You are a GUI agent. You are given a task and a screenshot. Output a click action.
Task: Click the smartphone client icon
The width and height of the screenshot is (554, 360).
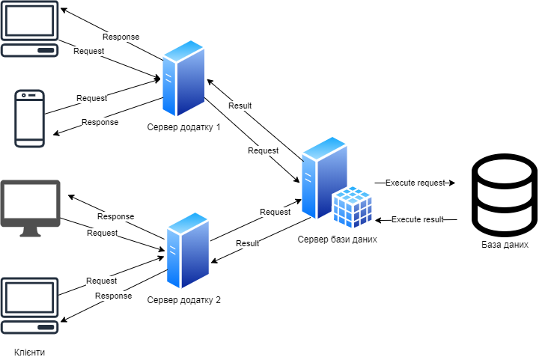click(30, 118)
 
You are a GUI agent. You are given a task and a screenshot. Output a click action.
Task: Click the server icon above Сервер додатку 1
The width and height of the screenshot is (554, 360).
click(184, 79)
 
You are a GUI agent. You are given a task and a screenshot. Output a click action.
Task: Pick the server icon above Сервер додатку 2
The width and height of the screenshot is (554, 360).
click(187, 251)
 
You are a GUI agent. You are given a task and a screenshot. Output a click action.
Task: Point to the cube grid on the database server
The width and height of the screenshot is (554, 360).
click(352, 205)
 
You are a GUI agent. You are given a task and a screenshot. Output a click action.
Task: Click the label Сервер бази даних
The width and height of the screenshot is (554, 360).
click(337, 240)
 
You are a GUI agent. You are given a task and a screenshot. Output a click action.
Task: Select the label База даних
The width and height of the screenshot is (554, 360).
click(505, 245)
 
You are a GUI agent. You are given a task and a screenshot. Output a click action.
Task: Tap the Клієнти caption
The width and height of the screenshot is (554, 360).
click(30, 351)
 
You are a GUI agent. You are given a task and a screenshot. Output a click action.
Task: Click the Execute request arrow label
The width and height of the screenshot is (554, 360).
click(415, 183)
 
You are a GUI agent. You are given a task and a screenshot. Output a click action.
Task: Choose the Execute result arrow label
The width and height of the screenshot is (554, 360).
click(418, 219)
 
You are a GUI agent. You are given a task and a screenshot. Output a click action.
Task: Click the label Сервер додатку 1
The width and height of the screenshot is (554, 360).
click(184, 127)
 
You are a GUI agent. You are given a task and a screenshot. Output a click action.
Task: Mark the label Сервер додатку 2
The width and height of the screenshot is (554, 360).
click(184, 300)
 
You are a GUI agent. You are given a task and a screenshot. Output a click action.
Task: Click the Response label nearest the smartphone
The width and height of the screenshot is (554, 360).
click(100, 122)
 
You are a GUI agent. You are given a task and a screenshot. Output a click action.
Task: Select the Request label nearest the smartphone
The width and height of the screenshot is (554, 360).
click(91, 98)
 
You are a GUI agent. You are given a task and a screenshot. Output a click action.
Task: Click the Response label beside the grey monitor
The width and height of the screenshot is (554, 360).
click(115, 216)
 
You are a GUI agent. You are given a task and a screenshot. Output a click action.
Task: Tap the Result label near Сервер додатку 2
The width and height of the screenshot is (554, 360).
click(247, 243)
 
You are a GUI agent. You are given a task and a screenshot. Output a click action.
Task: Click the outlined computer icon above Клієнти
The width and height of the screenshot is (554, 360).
click(30, 305)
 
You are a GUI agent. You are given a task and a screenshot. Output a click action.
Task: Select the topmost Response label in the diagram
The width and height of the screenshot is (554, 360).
click(121, 37)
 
